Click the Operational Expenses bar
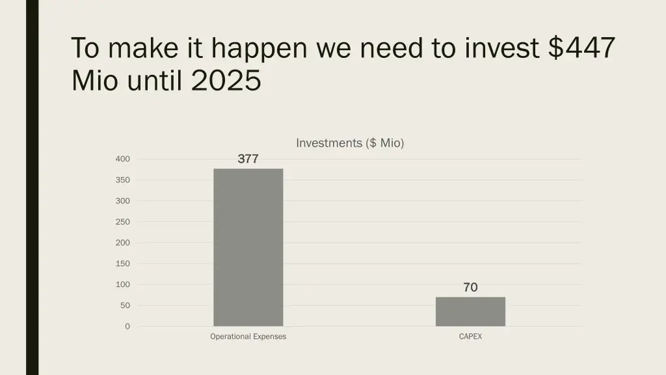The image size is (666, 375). click(x=248, y=247)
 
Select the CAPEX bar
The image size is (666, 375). click(x=470, y=312)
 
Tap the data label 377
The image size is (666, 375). click(x=248, y=158)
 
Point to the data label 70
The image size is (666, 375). click(x=470, y=287)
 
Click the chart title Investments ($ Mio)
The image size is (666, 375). click(x=350, y=143)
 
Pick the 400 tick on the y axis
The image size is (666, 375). click(x=123, y=159)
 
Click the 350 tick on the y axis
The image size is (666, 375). click(x=123, y=180)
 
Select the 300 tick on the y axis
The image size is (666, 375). click(x=123, y=201)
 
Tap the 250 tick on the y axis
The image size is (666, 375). click(x=123, y=221)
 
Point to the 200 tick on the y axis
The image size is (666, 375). click(x=123, y=242)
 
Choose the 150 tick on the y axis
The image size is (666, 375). click(x=123, y=264)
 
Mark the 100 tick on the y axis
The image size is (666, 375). click(x=123, y=285)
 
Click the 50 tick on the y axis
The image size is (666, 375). click(x=125, y=305)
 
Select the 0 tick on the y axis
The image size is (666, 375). click(x=127, y=326)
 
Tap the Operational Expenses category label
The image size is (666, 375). click(x=248, y=337)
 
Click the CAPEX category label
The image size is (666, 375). click(x=470, y=337)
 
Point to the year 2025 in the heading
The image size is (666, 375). click(x=226, y=81)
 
